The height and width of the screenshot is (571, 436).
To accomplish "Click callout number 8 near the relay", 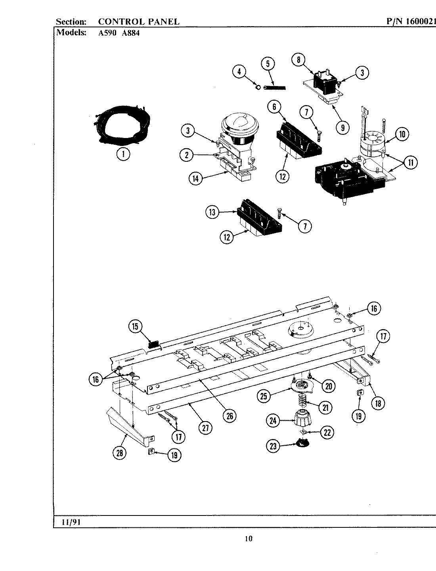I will pyautogui.click(x=298, y=59).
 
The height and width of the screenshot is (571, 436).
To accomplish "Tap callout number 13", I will pyautogui.click(x=212, y=212).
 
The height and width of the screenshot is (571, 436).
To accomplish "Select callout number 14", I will pyautogui.click(x=196, y=178).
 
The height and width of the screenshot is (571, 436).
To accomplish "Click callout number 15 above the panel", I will pyautogui.click(x=135, y=326).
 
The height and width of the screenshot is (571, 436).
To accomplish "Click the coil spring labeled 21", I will pyautogui.click(x=302, y=404).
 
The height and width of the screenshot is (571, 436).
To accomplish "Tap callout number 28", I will pyautogui.click(x=119, y=454).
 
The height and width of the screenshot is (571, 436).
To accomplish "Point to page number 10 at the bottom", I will pyautogui.click(x=248, y=538).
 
